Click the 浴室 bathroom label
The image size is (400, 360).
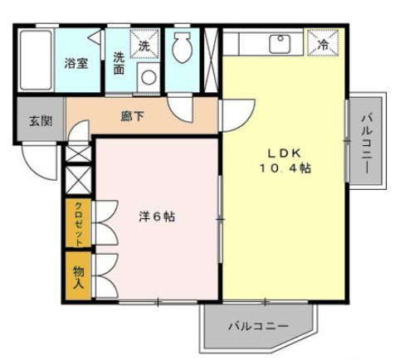click(76, 64)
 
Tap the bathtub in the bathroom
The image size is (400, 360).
click(36, 61)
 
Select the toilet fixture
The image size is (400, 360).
click(182, 46)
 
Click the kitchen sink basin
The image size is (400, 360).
click(280, 44)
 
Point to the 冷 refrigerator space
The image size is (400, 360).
click(323, 43)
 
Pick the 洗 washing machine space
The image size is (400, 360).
click(144, 44)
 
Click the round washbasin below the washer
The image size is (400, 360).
click(149, 77)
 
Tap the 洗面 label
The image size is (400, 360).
click(119, 63)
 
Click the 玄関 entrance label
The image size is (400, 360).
click(41, 121)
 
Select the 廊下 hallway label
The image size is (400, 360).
click(132, 116)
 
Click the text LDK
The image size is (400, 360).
click(285, 153)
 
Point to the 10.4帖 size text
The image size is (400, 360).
click(285, 168)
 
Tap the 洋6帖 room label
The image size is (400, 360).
click(157, 216)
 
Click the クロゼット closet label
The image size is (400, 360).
click(79, 223)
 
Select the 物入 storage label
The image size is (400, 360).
click(78, 277)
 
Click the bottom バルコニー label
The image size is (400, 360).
click(258, 326)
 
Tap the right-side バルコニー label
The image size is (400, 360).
click(366, 144)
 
